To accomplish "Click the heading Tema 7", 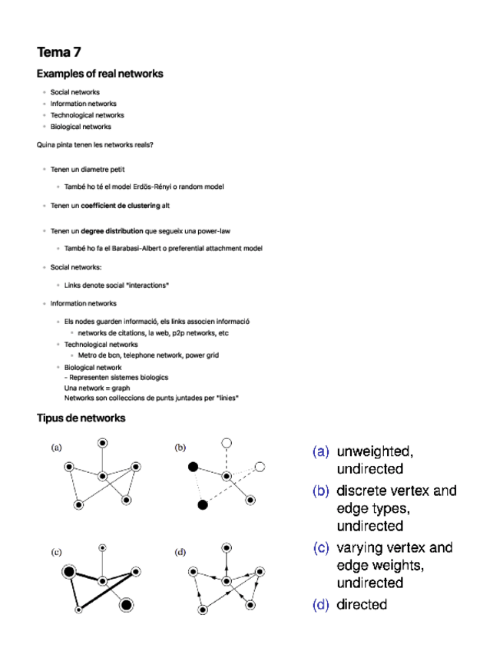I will [58, 52].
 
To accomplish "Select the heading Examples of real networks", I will [99, 74].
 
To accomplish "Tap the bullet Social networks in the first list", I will [74, 92].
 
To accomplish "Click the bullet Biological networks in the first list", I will [81, 127].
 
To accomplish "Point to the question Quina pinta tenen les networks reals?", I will [94, 144].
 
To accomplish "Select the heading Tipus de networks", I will [81, 418].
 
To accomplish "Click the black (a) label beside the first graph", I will [57, 447].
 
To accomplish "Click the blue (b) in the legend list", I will [321, 491].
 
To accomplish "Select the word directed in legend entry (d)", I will [362, 604].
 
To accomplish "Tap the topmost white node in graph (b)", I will [226, 442].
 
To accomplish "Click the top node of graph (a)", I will [102, 442].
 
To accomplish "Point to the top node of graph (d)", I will [226, 547].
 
